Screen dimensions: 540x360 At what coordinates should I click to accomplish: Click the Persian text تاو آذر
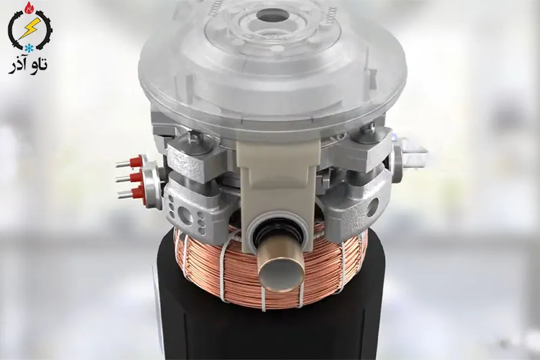(28, 65)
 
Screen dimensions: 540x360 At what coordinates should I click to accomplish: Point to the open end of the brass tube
(281, 272)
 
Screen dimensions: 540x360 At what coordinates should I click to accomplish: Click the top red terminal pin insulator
(136, 161)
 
